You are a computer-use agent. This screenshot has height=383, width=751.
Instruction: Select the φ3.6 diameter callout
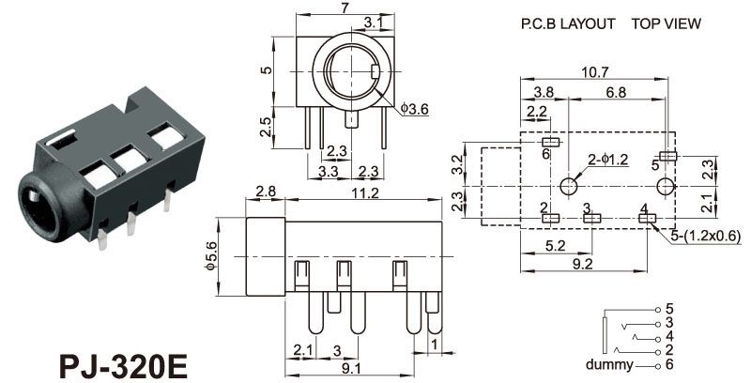[x=414, y=110]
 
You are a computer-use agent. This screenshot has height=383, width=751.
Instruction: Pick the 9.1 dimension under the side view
[x=352, y=369]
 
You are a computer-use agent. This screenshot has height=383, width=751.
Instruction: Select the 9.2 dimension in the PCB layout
[x=582, y=265]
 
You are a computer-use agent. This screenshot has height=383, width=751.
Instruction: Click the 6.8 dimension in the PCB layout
[x=617, y=92]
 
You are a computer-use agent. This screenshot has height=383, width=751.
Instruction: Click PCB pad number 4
[x=647, y=219]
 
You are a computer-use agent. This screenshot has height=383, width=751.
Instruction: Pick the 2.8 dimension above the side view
[x=264, y=193]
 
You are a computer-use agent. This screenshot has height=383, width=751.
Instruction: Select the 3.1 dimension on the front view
[x=372, y=22]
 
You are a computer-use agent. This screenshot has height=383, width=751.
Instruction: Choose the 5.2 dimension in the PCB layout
[x=555, y=246]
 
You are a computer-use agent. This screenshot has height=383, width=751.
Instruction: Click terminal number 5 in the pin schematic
[x=669, y=308]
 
